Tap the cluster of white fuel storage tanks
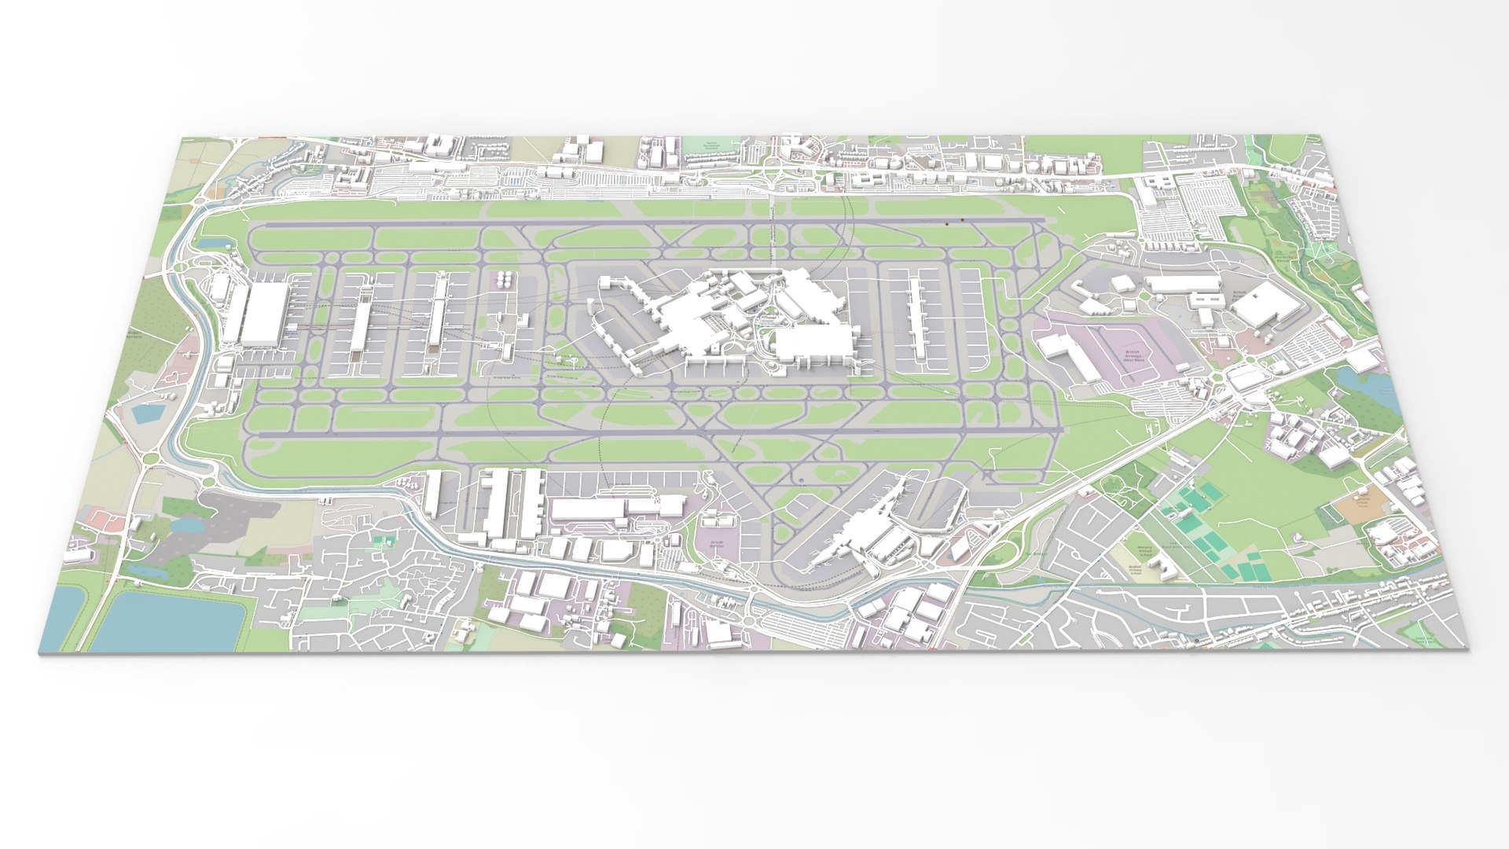(504, 279)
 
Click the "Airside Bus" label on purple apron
(717, 544)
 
